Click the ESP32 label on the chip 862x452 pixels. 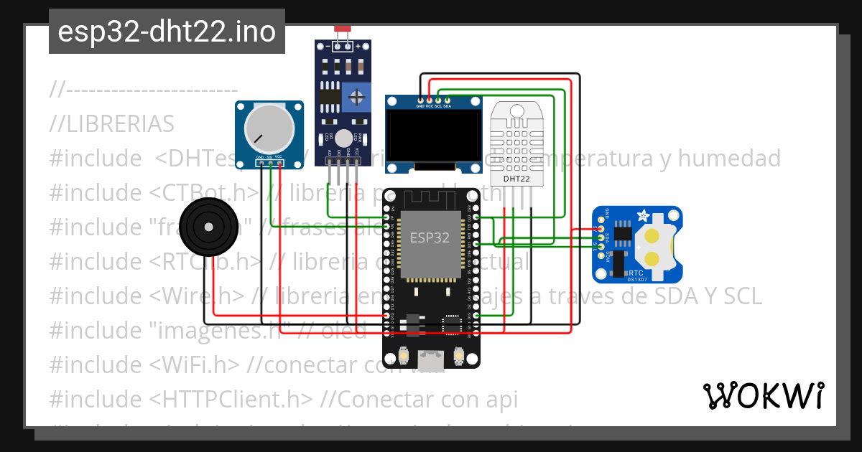point(430,237)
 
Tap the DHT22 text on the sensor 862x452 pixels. point(516,179)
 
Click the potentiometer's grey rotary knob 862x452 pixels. point(269,128)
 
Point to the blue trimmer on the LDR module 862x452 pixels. point(356,96)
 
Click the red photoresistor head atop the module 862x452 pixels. point(342,30)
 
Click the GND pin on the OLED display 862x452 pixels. point(421,100)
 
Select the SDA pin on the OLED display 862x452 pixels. point(447,100)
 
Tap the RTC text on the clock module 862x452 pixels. point(636,273)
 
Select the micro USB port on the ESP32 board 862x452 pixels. point(431,354)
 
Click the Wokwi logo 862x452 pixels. point(763,395)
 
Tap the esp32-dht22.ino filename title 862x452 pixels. point(167,32)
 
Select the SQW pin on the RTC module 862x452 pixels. point(601,255)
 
